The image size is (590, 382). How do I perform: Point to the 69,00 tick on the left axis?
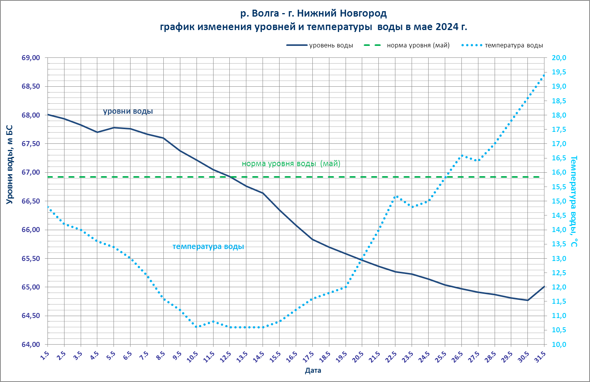point(31,58)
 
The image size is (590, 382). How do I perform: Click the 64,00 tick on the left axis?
point(31,344)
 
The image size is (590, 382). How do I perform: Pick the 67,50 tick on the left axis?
point(31,144)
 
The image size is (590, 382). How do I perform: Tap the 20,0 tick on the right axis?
point(559,58)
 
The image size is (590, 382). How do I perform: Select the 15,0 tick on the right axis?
point(559,201)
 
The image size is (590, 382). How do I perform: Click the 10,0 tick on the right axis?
point(559,344)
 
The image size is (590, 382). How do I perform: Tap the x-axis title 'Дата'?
point(313,371)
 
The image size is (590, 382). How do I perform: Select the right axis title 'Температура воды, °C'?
point(574,201)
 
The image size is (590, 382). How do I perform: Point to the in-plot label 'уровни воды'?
point(128,111)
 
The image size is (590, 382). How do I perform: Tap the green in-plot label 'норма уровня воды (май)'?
point(291,163)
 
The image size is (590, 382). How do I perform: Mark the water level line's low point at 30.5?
point(527,300)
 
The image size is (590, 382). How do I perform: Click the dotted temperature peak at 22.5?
point(395,197)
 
